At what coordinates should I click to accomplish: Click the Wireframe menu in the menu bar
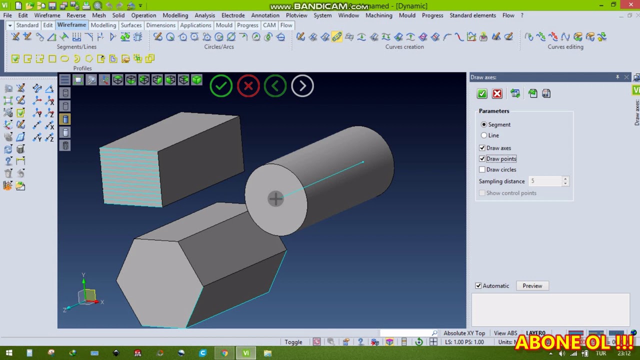[47, 15]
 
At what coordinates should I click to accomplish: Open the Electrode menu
[233, 15]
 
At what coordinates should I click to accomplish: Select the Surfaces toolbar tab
[131, 25]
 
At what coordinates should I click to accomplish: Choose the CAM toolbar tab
[269, 25]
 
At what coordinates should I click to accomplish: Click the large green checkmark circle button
[221, 86]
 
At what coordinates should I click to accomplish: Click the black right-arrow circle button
[302, 86]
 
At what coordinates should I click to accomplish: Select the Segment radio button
[484, 124]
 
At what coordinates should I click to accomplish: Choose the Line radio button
[484, 135]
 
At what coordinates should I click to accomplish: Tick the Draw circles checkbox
[482, 169]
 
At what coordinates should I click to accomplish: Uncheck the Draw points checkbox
[482, 159]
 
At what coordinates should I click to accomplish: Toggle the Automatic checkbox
[478, 286]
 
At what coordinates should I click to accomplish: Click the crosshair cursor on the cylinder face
[275, 199]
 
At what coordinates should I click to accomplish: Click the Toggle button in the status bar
[293, 342]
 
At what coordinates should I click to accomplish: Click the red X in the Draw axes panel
[497, 93]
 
